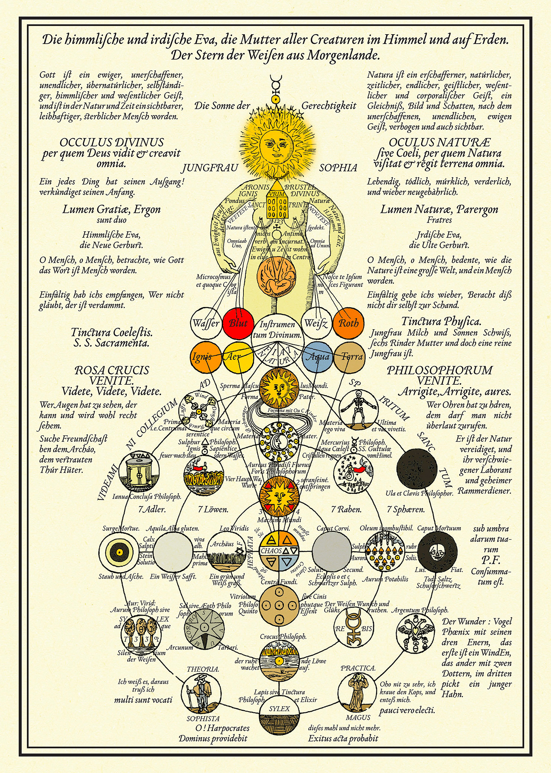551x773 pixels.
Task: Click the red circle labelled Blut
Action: click(x=238, y=323)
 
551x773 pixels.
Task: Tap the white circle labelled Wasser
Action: click(x=206, y=323)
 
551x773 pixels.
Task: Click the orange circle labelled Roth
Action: click(x=348, y=323)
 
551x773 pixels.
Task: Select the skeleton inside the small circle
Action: click(x=358, y=409)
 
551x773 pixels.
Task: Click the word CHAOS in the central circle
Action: click(x=271, y=551)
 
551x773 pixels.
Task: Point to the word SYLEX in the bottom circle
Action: click(x=279, y=708)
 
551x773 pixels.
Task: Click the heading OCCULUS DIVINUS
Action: click(x=112, y=142)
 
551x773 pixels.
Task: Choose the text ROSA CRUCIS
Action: click(x=112, y=370)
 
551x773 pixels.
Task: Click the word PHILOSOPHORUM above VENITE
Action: click(x=439, y=370)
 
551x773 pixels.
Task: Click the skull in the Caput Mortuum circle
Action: click(x=437, y=551)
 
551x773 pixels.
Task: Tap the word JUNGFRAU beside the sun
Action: click(x=210, y=168)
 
